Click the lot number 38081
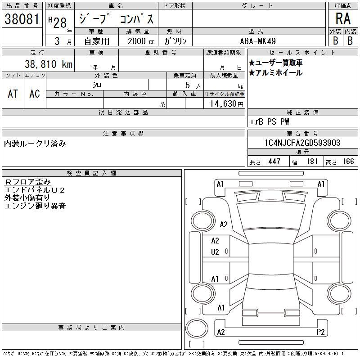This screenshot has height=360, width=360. (x=22, y=18)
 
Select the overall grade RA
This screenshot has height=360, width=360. (x=343, y=18)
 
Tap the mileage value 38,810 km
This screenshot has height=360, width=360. (x=49, y=64)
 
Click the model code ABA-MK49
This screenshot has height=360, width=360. (x=258, y=41)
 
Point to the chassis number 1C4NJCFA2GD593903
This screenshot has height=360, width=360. (x=302, y=143)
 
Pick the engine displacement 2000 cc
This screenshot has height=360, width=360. (x=141, y=41)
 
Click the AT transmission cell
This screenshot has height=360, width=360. (x=13, y=94)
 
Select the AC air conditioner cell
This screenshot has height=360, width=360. (x=35, y=94)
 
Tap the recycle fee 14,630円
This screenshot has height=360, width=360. (x=227, y=104)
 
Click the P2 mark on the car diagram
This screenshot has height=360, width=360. (x=320, y=332)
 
